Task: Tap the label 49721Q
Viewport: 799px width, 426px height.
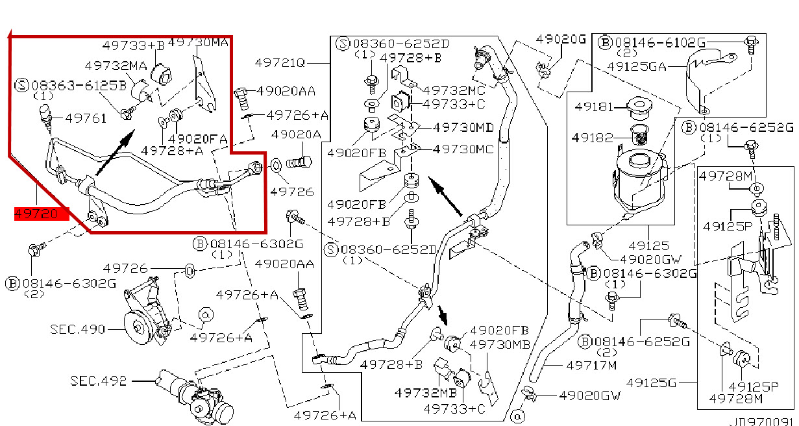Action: (280, 63)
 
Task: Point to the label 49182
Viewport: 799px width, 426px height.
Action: (589, 137)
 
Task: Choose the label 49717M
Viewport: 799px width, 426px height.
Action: (591, 365)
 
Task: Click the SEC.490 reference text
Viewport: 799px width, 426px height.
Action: (78, 329)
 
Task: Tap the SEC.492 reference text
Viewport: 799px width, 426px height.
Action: (99, 381)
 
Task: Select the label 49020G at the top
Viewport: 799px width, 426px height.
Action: (561, 40)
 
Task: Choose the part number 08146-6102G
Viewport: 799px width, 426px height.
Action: (659, 42)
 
